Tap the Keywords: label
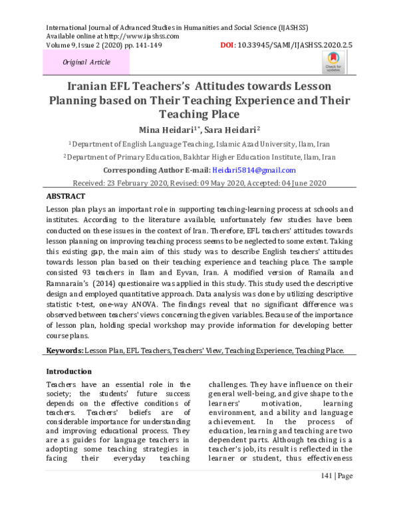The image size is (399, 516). (66, 350)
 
